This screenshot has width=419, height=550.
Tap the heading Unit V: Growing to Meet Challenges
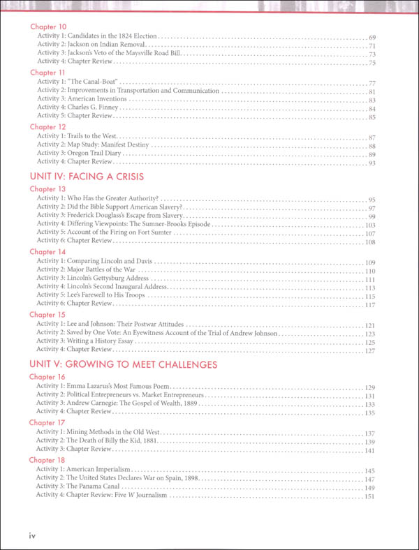pyautogui.click(x=123, y=364)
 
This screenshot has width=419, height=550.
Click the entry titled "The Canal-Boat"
pyautogui.click(x=90, y=82)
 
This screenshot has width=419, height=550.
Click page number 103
pyautogui.click(x=370, y=225)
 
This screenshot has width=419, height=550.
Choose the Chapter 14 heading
pyautogui.click(x=47, y=251)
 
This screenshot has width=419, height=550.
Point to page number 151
pyautogui.click(x=370, y=496)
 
